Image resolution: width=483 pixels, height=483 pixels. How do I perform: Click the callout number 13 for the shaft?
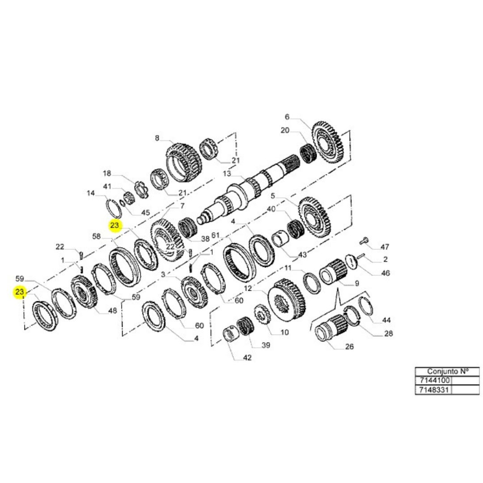[x=227, y=174]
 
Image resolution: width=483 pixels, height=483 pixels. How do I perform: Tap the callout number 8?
[x=157, y=138]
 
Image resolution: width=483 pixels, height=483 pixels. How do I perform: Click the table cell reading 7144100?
[x=433, y=381]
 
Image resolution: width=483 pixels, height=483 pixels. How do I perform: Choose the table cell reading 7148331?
[x=433, y=390]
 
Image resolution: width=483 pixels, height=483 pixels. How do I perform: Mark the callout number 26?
[x=349, y=346]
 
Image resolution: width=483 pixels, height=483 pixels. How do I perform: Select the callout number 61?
[x=216, y=235]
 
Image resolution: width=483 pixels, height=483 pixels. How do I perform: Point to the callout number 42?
[x=247, y=357]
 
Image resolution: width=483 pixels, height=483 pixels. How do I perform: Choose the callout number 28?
[x=389, y=333]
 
